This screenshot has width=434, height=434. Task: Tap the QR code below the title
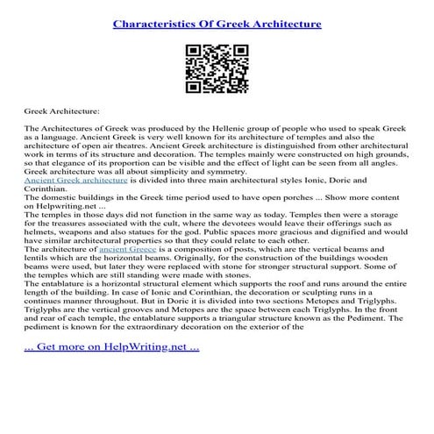(x=216, y=67)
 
